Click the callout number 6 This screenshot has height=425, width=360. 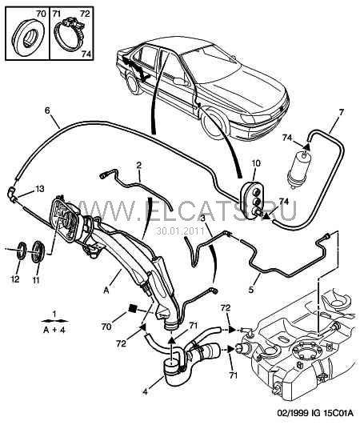pyautogui.click(x=48, y=111)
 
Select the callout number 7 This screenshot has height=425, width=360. pyautogui.click(x=341, y=112)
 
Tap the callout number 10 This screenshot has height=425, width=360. pyautogui.click(x=256, y=163)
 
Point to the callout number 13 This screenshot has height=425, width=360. pyautogui.click(x=40, y=188)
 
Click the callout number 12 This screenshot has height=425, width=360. pyautogui.click(x=15, y=279)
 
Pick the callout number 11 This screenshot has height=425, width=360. pyautogui.click(x=36, y=279)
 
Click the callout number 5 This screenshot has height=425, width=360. pyautogui.click(x=251, y=290)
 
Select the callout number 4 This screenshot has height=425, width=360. pyautogui.click(x=145, y=392)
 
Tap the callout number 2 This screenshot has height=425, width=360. pyautogui.click(x=138, y=165)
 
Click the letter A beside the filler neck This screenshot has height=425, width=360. pyautogui.click(x=106, y=291)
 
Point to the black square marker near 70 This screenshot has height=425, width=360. pyautogui.click(x=133, y=308)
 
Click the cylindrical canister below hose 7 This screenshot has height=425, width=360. pyautogui.click(x=298, y=170)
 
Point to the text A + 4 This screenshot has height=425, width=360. pyautogui.click(x=54, y=330)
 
